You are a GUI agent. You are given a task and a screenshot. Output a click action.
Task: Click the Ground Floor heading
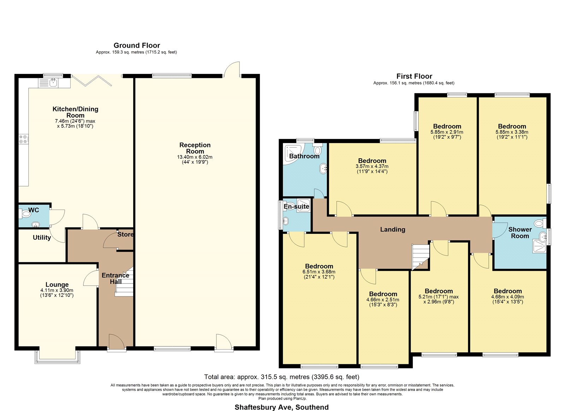[137, 46]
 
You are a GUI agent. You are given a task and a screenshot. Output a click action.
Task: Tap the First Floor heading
[414, 76]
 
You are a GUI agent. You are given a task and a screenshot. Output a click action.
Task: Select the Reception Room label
[195, 148]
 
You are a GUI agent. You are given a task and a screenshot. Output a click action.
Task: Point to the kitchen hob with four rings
[23, 139]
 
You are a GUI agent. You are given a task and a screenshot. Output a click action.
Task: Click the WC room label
[34, 210]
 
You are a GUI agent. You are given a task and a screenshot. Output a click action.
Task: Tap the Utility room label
[42, 237]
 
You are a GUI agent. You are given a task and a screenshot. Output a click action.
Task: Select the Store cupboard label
[125, 235]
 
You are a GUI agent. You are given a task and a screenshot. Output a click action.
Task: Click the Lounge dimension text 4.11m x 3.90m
[57, 290]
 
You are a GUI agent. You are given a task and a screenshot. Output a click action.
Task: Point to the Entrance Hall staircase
[124, 282]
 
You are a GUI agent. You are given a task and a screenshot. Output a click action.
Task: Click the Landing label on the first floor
[393, 229]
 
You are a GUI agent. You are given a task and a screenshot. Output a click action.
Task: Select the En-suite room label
[296, 206]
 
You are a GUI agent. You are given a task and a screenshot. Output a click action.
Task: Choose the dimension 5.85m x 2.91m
[447, 132]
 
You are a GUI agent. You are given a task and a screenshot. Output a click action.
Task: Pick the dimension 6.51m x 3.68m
[319, 272]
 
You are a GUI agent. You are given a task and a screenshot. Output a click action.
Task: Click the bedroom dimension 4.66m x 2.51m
[383, 300]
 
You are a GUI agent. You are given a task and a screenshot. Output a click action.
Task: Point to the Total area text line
[281, 377]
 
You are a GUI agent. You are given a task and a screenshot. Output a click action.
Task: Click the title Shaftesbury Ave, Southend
[281, 407]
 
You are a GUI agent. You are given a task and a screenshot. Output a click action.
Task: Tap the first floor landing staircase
[421, 257]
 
